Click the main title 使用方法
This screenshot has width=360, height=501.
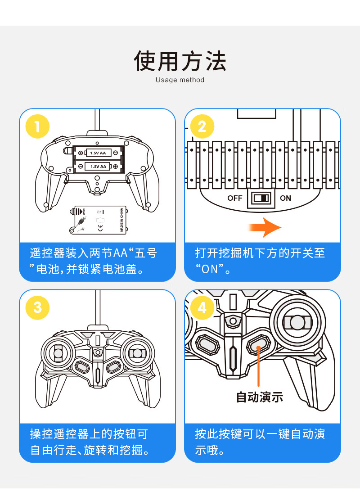point(180,61)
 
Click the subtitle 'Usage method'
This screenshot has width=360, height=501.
point(180,80)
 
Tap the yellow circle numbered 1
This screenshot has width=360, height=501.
point(37,126)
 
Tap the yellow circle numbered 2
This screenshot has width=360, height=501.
point(202,126)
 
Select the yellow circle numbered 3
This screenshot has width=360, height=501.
point(37,307)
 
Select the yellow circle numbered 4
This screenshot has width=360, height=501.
point(202,307)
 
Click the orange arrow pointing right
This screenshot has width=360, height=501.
point(265,227)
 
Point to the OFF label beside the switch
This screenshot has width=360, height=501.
point(235,198)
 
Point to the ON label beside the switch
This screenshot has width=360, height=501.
point(286,198)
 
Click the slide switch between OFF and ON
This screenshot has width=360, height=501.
point(261,198)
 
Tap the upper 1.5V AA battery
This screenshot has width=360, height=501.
point(98,153)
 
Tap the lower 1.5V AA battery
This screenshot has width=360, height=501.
point(98,167)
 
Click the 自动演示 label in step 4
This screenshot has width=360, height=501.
point(260,397)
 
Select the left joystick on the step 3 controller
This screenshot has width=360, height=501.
point(57,353)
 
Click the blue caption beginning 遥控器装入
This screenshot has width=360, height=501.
point(94,261)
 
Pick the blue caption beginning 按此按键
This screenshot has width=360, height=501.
point(260,442)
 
